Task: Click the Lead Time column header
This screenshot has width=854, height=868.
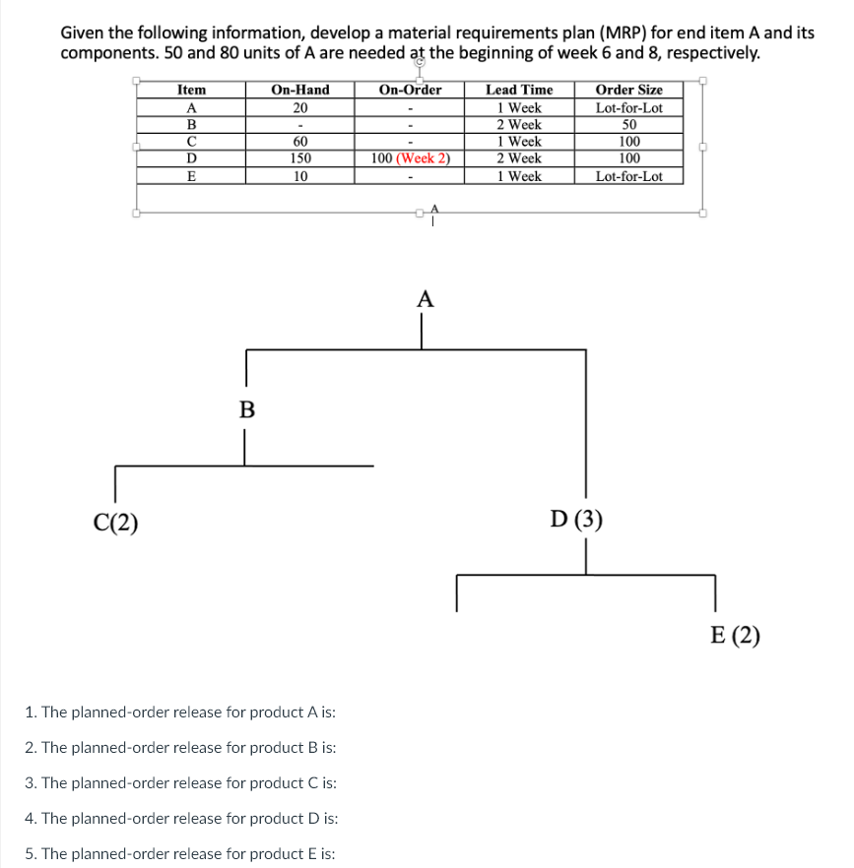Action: tap(519, 90)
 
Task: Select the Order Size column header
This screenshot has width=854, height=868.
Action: tap(628, 90)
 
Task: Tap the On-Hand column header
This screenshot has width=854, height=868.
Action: tap(300, 90)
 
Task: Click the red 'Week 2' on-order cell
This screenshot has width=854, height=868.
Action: tap(423, 157)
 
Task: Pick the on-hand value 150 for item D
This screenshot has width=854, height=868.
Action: tap(300, 157)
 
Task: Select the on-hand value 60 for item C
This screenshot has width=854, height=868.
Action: tap(300, 141)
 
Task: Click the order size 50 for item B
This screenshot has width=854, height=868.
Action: tap(628, 124)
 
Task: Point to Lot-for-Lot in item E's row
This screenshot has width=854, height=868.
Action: tap(628, 176)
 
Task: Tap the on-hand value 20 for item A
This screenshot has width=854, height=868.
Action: tap(300, 107)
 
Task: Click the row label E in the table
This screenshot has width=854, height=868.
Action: tap(191, 176)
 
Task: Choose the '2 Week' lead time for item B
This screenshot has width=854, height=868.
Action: tap(519, 124)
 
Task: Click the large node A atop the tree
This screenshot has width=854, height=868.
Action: tap(425, 300)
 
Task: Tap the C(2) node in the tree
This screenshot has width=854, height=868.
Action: tap(115, 523)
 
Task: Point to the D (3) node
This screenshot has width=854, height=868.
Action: tap(576, 520)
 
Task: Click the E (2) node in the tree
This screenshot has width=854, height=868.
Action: tap(735, 635)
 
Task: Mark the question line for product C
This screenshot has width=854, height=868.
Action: tap(181, 782)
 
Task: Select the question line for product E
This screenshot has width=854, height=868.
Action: tap(180, 853)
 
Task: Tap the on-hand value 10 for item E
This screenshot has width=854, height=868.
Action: tap(300, 176)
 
